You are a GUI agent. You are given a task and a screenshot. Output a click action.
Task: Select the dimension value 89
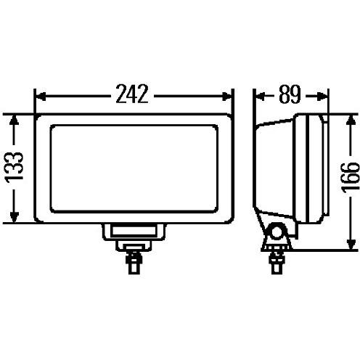(x=289, y=95)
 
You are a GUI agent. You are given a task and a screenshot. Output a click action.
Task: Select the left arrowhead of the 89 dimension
(x=257, y=95)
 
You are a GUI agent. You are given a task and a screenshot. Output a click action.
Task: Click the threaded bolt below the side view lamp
(x=277, y=259)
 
